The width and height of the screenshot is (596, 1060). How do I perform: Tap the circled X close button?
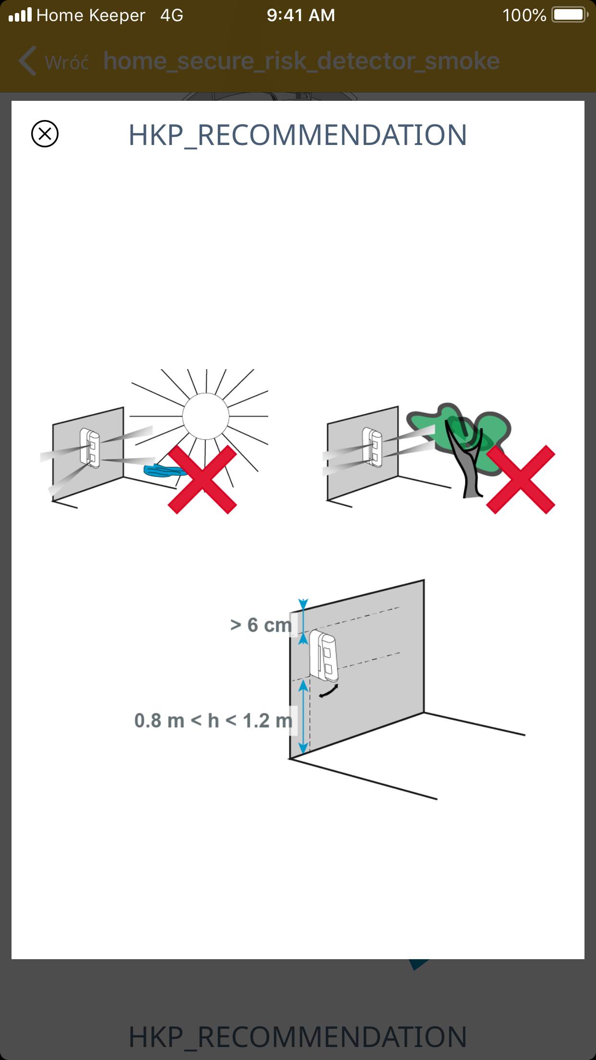tap(45, 133)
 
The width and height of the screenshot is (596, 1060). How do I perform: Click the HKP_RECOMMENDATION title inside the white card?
tap(298, 135)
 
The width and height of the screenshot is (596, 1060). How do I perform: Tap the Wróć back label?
tap(67, 62)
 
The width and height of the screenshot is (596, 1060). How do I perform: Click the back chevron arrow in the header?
tap(27, 61)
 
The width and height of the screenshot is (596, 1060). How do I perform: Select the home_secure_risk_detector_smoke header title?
tap(301, 61)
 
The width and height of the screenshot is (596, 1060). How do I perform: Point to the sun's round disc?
tap(206, 416)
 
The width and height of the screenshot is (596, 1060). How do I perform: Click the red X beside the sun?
tap(202, 480)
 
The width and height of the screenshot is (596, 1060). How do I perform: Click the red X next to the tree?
tap(521, 480)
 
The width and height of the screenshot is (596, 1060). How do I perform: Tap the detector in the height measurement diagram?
tap(323, 656)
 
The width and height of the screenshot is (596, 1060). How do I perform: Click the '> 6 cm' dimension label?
tap(261, 625)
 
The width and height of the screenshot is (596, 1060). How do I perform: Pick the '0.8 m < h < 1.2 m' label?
tap(214, 721)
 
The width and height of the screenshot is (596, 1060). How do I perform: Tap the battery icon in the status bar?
tap(570, 15)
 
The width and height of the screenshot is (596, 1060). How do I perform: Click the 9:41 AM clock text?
tap(301, 15)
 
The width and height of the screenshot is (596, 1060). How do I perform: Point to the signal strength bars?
tap(20, 15)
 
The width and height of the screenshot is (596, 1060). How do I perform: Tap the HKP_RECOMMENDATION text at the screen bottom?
tap(298, 1036)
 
